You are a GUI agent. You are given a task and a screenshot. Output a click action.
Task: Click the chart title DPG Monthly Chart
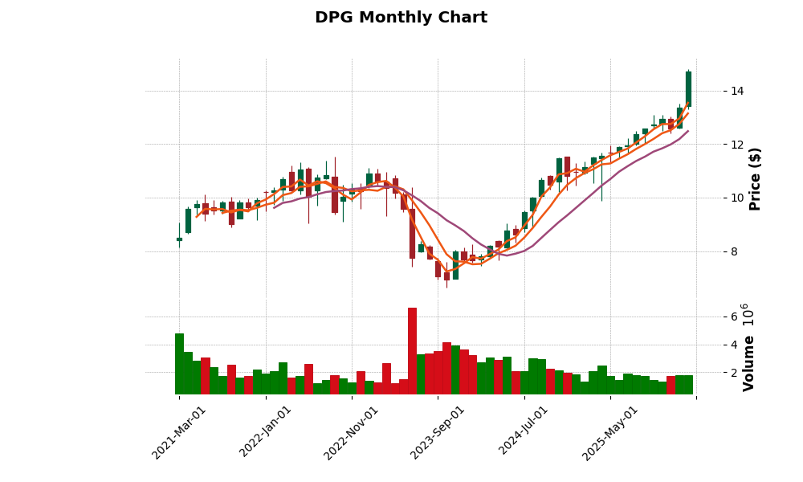[x=401, y=18]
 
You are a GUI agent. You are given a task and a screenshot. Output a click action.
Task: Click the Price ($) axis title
[x=755, y=178]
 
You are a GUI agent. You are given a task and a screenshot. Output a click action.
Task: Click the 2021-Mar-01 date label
[x=179, y=432]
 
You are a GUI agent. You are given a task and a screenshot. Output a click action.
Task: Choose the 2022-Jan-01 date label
[x=266, y=432]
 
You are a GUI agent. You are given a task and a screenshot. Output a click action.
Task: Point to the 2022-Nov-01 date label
[x=351, y=432]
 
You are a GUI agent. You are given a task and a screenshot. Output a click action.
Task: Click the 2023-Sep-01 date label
[x=438, y=432]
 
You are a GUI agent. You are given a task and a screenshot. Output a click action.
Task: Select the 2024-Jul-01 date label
[x=524, y=432]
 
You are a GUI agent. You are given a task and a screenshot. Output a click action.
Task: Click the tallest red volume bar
[x=412, y=351]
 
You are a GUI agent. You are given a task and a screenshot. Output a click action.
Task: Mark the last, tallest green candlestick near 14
[x=688, y=88]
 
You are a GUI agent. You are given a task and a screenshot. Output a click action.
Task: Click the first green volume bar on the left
[x=179, y=363]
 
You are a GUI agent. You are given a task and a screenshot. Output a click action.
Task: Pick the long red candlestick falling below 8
[x=412, y=234]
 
